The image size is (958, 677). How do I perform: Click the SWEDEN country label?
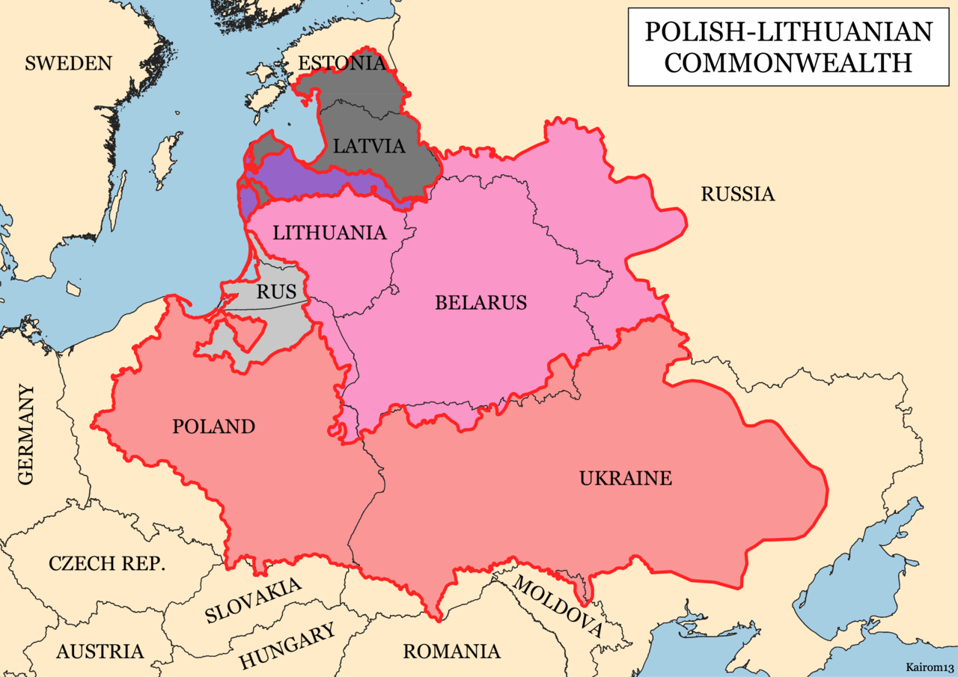click(68, 63)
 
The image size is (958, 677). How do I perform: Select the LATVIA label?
click(369, 146)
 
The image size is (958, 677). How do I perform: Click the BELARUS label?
click(480, 303)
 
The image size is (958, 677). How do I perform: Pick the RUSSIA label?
click(737, 194)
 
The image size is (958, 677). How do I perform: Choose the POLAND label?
click(213, 426)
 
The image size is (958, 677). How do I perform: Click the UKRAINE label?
click(626, 478)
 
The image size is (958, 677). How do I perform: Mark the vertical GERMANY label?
click(26, 435)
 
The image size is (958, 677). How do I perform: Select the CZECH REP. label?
click(106, 563)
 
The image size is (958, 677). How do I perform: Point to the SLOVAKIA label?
click(254, 601)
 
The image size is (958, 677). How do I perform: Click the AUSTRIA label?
click(100, 651)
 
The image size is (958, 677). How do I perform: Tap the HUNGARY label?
click(287, 647)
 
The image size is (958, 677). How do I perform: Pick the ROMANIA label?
click(451, 651)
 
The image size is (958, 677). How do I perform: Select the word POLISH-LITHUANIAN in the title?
click(788, 32)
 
